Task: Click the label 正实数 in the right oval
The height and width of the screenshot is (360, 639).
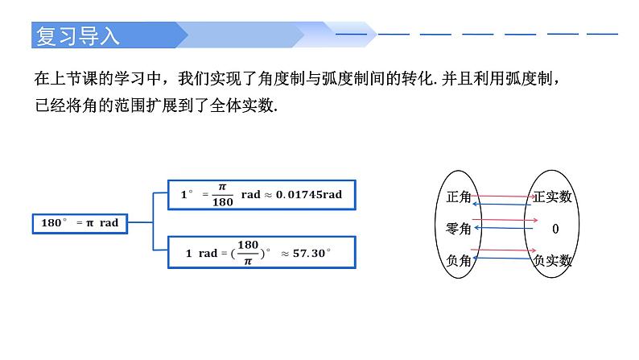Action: pyautogui.click(x=553, y=197)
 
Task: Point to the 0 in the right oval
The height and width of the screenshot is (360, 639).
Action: pyautogui.click(x=555, y=230)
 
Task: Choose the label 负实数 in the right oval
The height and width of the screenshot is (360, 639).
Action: pyautogui.click(x=553, y=260)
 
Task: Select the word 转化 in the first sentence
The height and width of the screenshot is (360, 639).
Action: pyautogui.click(x=418, y=79)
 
